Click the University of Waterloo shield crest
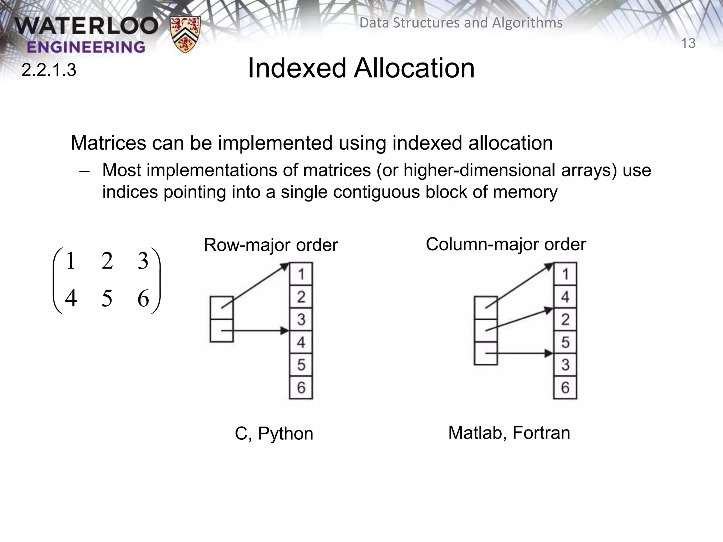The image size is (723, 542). (185, 34)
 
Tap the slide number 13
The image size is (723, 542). (688, 43)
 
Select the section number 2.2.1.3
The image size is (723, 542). (49, 70)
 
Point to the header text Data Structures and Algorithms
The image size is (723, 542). (461, 23)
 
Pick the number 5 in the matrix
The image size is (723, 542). (107, 298)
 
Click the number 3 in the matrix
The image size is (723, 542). (143, 261)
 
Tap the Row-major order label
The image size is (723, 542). (271, 245)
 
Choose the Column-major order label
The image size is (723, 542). (506, 244)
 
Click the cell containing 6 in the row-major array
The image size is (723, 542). (301, 387)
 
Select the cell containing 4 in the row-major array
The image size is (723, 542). (301, 342)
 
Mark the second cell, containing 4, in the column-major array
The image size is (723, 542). (565, 297)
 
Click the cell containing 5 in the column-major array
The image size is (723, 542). (565, 342)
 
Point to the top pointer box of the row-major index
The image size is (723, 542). (221, 308)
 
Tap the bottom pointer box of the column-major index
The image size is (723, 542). (486, 353)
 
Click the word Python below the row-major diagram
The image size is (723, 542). (285, 433)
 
